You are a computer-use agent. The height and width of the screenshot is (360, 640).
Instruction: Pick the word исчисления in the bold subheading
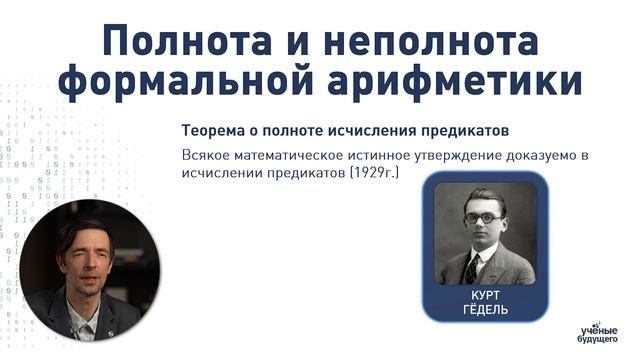click(390, 131)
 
